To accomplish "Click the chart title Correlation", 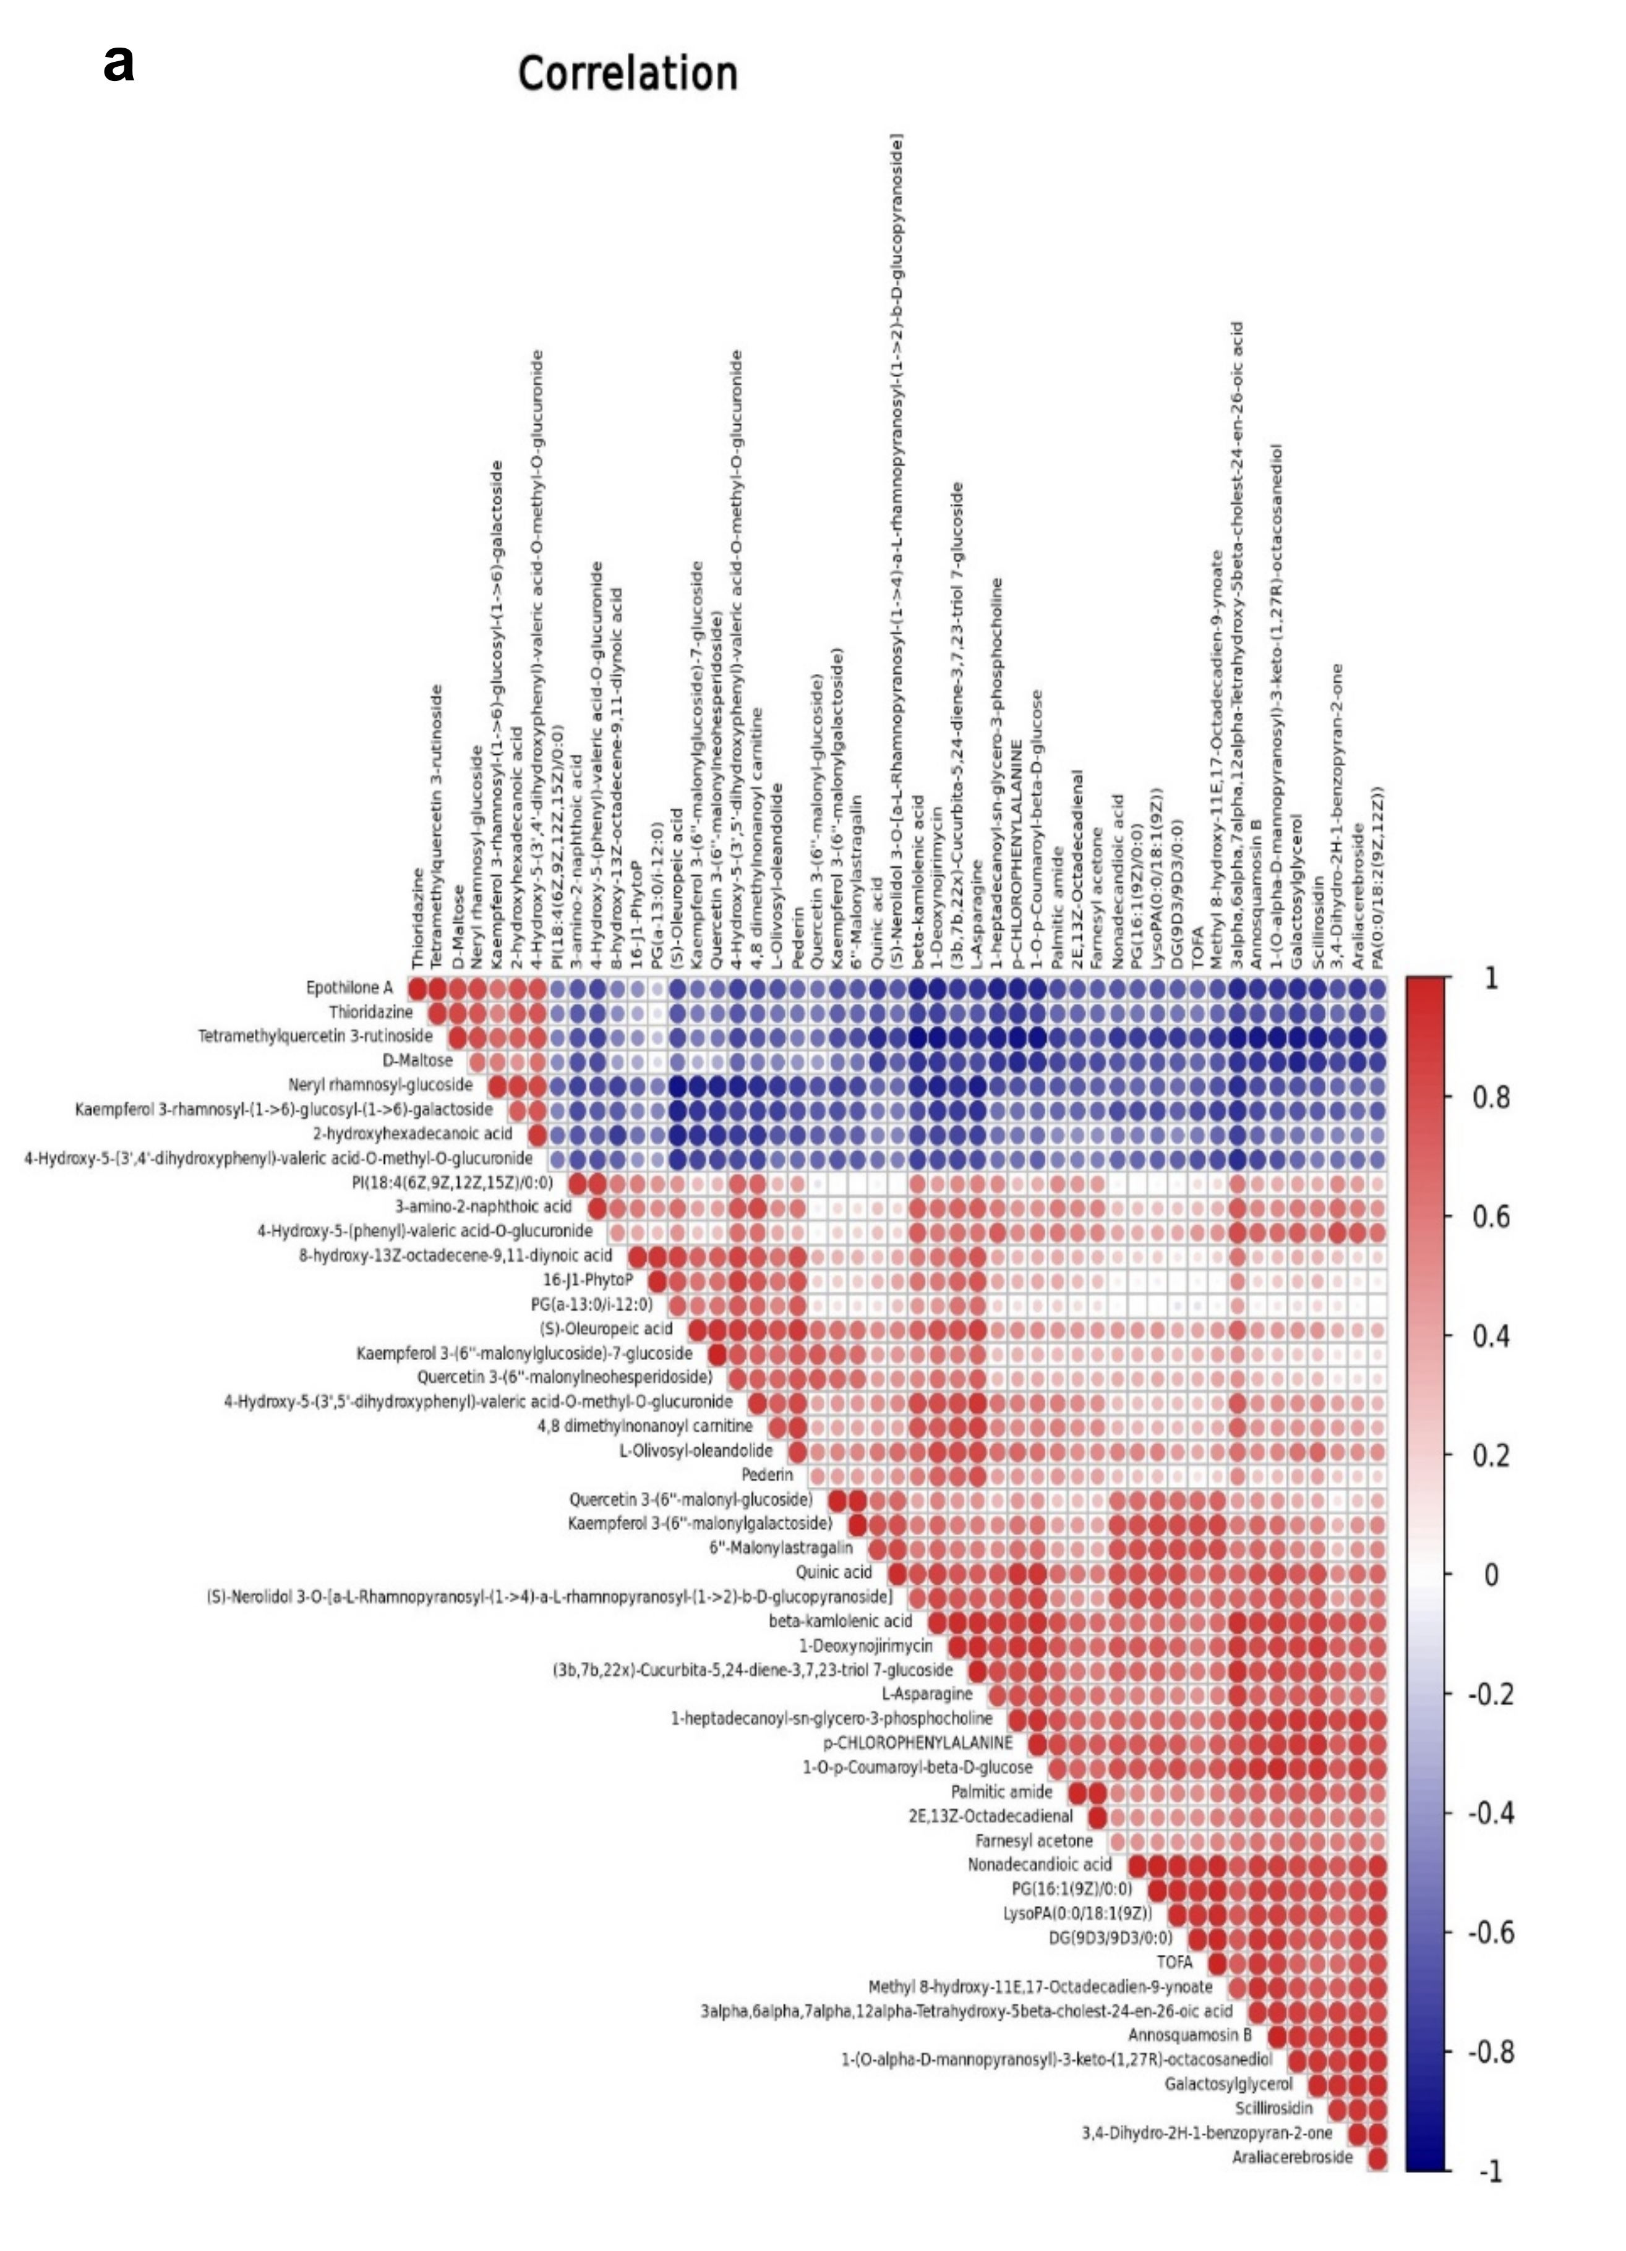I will [627, 74].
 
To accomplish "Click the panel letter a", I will [119, 64].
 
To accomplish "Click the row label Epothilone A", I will [349, 987].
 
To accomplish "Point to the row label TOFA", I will [1175, 1961].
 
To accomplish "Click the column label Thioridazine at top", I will [418, 918].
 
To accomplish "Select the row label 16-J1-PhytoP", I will [587, 1279].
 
